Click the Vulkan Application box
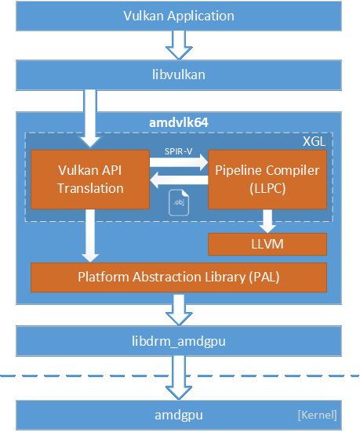(x=179, y=15)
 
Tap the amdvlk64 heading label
(x=179, y=122)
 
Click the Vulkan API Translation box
(x=90, y=180)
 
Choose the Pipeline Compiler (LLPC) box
(x=267, y=180)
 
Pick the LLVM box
(x=267, y=245)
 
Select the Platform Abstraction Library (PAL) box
(x=178, y=277)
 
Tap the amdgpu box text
(x=179, y=413)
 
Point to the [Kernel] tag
(x=318, y=414)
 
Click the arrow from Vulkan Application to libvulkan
(x=179, y=44)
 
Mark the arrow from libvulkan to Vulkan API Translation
(x=90, y=118)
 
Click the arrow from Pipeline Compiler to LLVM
(x=267, y=220)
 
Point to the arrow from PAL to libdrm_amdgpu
(x=179, y=309)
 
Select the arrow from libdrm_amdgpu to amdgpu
(x=179, y=378)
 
